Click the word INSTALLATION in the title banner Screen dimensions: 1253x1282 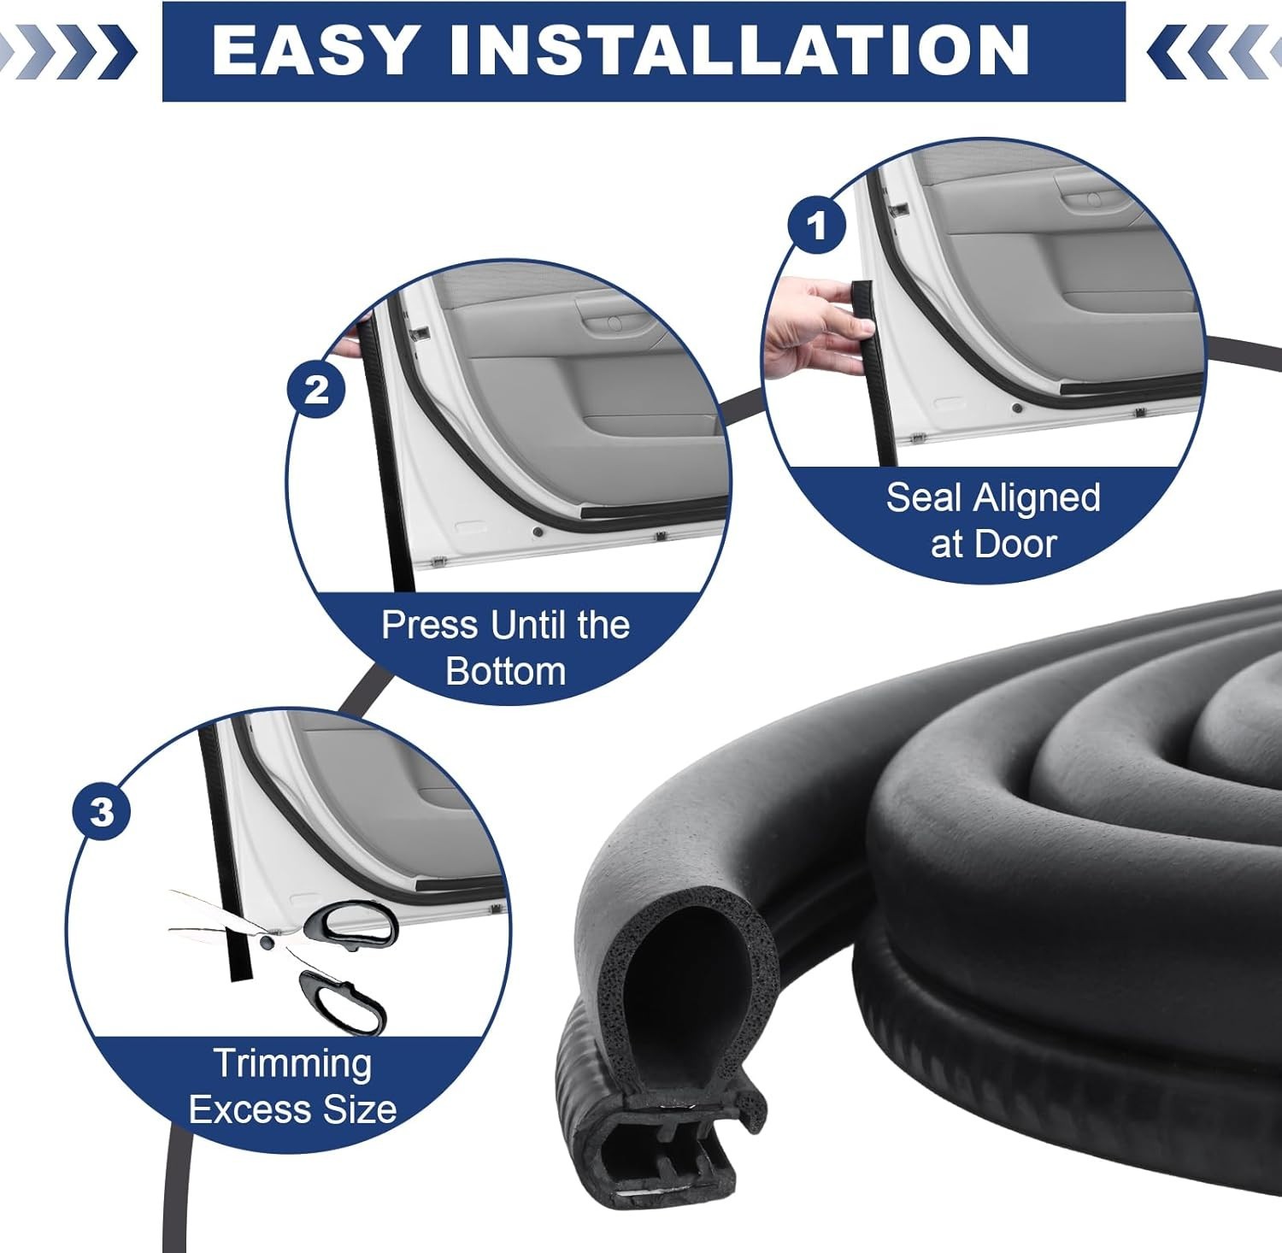739,50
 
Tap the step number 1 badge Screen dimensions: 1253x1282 817,226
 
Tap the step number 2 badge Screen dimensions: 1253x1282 316,390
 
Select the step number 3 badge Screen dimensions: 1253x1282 102,810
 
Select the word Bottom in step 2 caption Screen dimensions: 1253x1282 506,671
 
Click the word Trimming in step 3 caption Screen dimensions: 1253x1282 293,1063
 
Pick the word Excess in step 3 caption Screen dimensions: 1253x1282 238,1109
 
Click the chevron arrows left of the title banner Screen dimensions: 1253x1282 68,50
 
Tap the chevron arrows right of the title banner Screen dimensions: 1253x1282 1214,50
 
